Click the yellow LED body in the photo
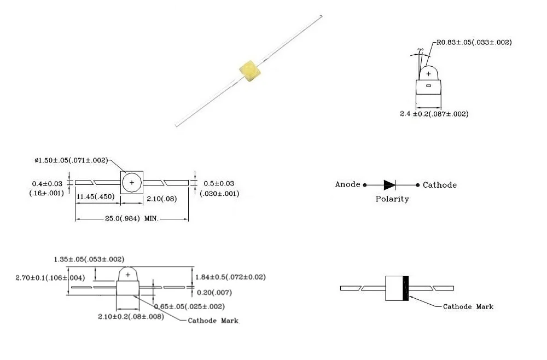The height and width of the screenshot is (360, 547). pyautogui.click(x=249, y=72)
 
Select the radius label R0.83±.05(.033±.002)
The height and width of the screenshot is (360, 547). pyautogui.click(x=474, y=42)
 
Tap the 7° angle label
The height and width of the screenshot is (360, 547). pyautogui.click(x=420, y=51)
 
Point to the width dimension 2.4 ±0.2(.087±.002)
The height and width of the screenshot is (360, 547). pyautogui.click(x=434, y=114)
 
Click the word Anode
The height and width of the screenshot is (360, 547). pyautogui.click(x=348, y=185)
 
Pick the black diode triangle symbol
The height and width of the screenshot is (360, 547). pyautogui.click(x=389, y=185)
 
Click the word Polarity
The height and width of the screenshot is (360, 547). pyautogui.click(x=392, y=199)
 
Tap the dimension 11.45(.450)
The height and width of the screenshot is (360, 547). pyautogui.click(x=95, y=196)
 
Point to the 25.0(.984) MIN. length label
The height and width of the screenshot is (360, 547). pyautogui.click(x=131, y=219)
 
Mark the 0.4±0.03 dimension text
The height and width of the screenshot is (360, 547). pyautogui.click(x=46, y=183)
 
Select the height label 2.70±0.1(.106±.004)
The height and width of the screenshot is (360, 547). pyautogui.click(x=50, y=277)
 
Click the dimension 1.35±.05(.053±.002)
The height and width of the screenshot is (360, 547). pyautogui.click(x=89, y=259)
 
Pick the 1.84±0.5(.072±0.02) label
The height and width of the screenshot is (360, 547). pyautogui.click(x=230, y=277)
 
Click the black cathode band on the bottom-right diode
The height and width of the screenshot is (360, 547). pyautogui.click(x=405, y=288)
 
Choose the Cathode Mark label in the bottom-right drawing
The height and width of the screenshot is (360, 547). pyautogui.click(x=468, y=307)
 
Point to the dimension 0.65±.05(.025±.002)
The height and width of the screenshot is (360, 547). pyautogui.click(x=189, y=306)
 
